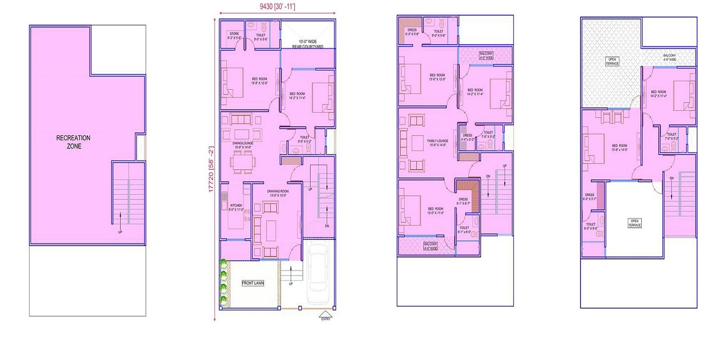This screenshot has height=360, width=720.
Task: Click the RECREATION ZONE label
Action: coord(73,142)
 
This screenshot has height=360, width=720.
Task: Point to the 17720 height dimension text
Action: coord(211,169)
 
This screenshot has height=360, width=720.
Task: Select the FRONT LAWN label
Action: coord(253,283)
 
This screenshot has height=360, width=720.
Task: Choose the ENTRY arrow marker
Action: coord(325,315)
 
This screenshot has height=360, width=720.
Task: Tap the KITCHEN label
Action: coord(236,207)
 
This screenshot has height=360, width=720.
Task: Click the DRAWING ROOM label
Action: coord(278,193)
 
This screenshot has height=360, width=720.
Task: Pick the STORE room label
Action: coord(234,36)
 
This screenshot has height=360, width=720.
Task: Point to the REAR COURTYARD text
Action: coord(308,47)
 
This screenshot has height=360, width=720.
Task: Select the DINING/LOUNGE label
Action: coord(243,145)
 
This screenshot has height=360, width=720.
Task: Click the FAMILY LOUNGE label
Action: coord(437,143)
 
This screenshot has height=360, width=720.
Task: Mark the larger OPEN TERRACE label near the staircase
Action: coord(634,223)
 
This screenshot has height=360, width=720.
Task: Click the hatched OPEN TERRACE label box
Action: coord(612,61)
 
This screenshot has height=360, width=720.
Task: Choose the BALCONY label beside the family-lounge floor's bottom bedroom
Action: coord(431,246)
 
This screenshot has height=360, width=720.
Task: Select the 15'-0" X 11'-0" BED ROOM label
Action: coord(436,211)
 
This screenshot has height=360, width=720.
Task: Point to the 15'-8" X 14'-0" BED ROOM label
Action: coord(620,148)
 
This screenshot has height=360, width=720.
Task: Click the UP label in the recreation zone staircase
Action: coord(120,232)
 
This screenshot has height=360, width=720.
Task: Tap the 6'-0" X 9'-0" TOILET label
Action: coord(591,226)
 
